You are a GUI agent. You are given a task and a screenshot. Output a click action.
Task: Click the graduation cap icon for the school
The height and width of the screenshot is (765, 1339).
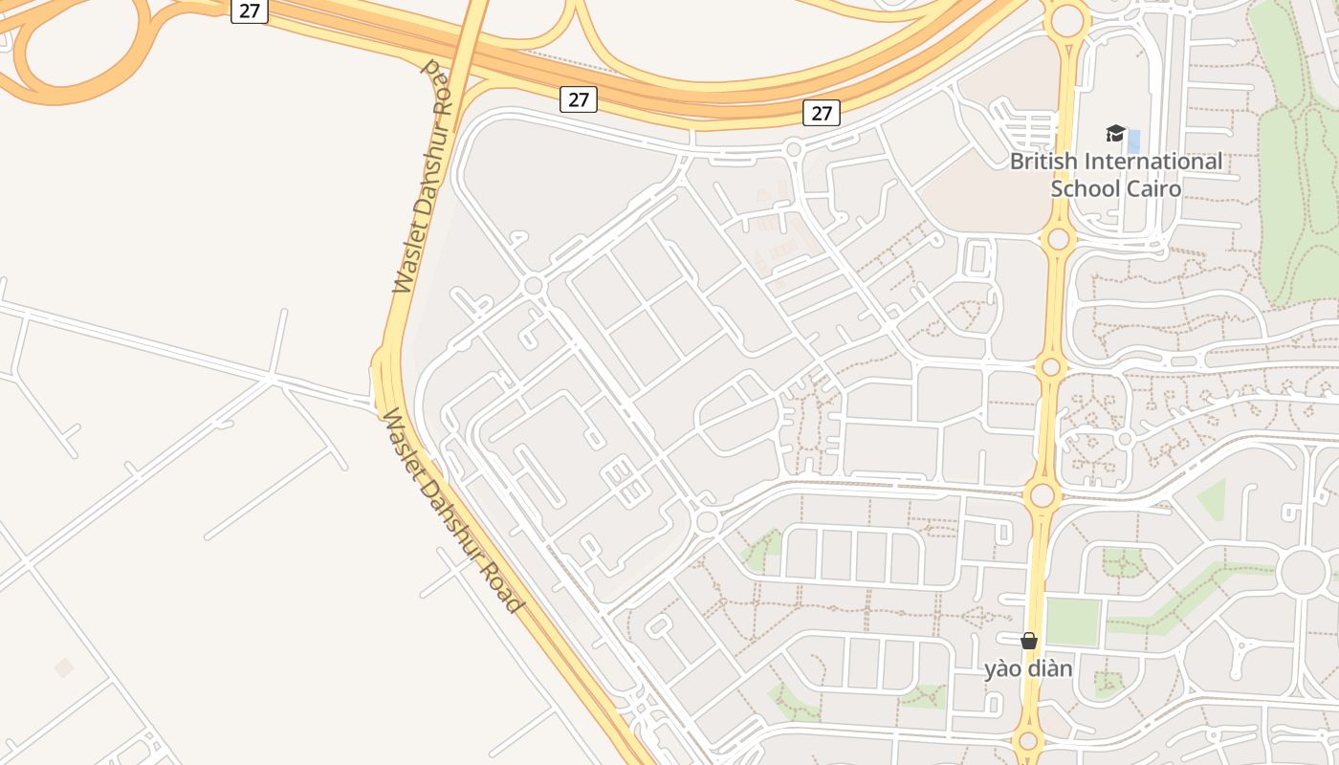click(x=1115, y=134)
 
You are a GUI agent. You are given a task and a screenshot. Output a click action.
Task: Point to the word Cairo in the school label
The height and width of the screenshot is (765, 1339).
click(x=1153, y=188)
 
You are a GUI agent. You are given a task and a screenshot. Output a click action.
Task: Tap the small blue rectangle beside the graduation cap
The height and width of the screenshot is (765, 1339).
click(x=1134, y=142)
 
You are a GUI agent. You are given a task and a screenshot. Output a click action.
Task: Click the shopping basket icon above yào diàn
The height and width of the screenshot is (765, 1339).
click(x=1029, y=641)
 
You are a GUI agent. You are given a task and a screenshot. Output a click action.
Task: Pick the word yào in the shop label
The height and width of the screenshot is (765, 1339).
click(x=1003, y=668)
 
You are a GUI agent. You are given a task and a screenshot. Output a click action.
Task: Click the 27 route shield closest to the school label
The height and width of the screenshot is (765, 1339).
click(x=822, y=113)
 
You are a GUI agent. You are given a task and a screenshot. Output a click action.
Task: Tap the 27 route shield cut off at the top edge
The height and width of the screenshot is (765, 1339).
click(x=250, y=11)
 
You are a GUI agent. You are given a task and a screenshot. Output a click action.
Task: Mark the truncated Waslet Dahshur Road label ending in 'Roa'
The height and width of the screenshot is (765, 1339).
click(x=421, y=177)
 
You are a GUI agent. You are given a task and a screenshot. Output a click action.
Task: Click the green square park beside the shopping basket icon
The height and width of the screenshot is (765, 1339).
click(x=1072, y=622)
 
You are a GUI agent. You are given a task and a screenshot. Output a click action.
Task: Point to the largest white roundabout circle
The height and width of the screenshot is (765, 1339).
click(x=1303, y=572)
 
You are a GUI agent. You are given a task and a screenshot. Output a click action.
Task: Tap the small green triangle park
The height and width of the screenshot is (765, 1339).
click(x=1213, y=498)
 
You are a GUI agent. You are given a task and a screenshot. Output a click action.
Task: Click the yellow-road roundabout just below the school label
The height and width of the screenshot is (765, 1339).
click(x=1058, y=238)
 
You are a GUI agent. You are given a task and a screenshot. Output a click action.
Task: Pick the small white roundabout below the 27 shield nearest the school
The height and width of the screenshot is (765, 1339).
click(x=793, y=148)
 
